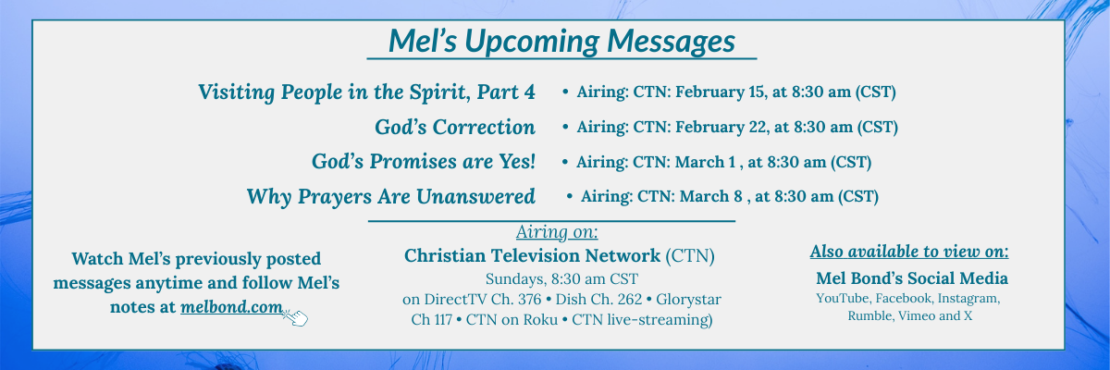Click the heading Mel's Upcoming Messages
pyautogui.click(x=561, y=41)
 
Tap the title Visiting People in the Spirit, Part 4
pyautogui.click(x=366, y=92)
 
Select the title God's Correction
pyautogui.click(x=455, y=127)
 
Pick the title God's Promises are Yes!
pyautogui.click(x=424, y=162)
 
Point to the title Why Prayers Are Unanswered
pyautogui.click(x=391, y=197)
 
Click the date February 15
pyautogui.click(x=720, y=92)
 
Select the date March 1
pyautogui.click(x=706, y=162)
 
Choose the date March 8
pyautogui.click(x=710, y=197)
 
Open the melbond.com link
pyautogui.click(x=231, y=307)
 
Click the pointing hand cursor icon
pyautogui.click(x=295, y=317)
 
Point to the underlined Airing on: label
pyautogui.click(x=557, y=232)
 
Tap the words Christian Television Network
pyautogui.click(x=532, y=255)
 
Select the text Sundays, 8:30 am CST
pyautogui.click(x=561, y=278)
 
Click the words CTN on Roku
pyautogui.click(x=512, y=319)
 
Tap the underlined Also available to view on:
pyautogui.click(x=909, y=252)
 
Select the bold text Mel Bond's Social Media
pyautogui.click(x=912, y=278)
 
